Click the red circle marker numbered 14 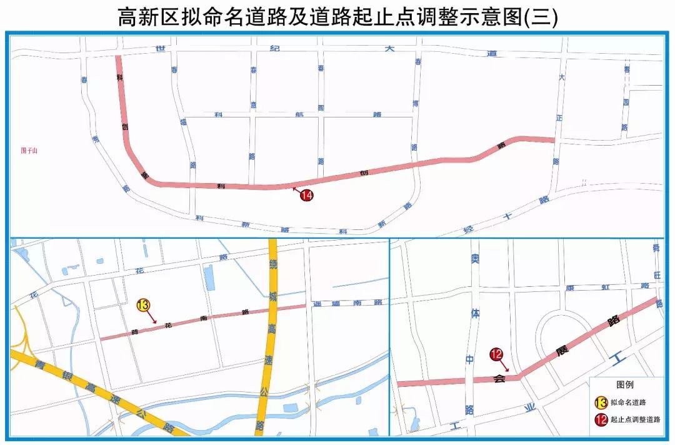point(306,195)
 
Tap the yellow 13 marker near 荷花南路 point(143,306)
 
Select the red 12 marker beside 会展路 point(497,355)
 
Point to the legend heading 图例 point(625,384)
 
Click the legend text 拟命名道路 point(628,402)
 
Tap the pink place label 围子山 point(29,150)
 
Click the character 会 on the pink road point(499,378)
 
